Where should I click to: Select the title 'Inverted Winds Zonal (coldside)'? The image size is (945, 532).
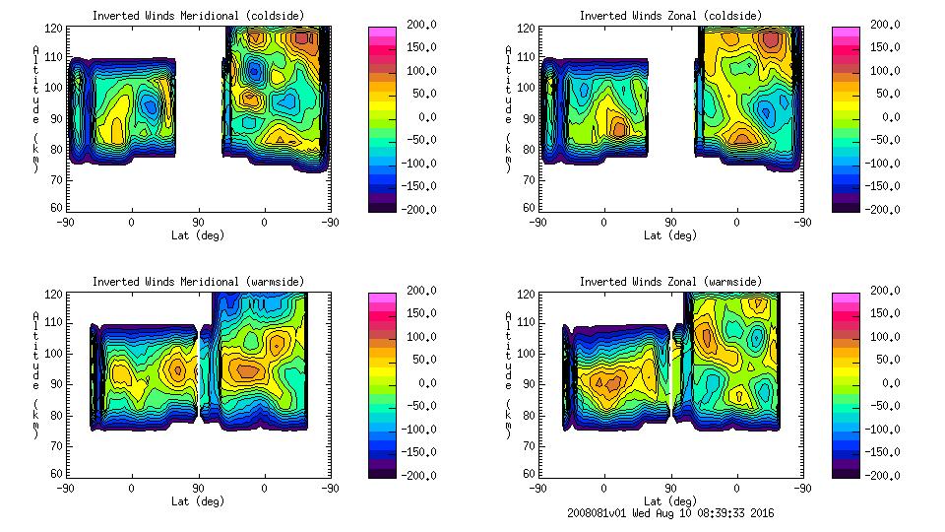(670, 16)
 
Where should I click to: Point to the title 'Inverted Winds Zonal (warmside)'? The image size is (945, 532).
(670, 282)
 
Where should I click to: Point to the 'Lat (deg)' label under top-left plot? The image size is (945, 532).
(198, 235)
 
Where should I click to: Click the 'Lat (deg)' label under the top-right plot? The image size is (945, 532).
(671, 235)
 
